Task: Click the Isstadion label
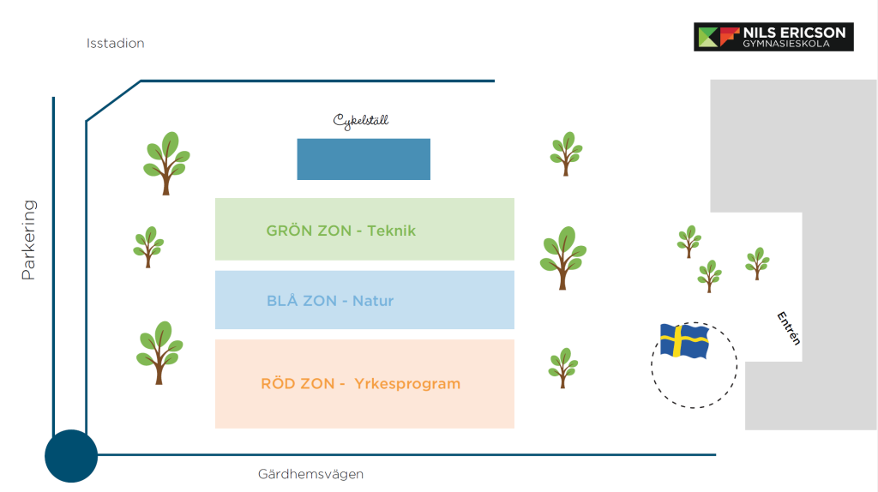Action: pyautogui.click(x=115, y=43)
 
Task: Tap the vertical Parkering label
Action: pyautogui.click(x=29, y=240)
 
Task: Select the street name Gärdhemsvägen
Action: pyautogui.click(x=310, y=474)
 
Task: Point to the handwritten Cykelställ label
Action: pyautogui.click(x=361, y=121)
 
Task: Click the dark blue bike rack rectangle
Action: pyautogui.click(x=364, y=159)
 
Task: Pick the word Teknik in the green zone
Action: pyautogui.click(x=391, y=231)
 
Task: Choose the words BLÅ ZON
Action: pyautogui.click(x=301, y=301)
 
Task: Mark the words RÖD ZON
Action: pyautogui.click(x=298, y=384)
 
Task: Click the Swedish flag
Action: pyautogui.click(x=684, y=341)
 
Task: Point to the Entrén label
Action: pyautogui.click(x=788, y=327)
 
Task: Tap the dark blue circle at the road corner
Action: pyautogui.click(x=71, y=455)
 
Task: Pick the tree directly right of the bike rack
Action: pyautogui.click(x=566, y=153)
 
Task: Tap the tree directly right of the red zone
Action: pyautogui.click(x=563, y=368)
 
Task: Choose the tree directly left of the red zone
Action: pyautogui.click(x=159, y=351)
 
